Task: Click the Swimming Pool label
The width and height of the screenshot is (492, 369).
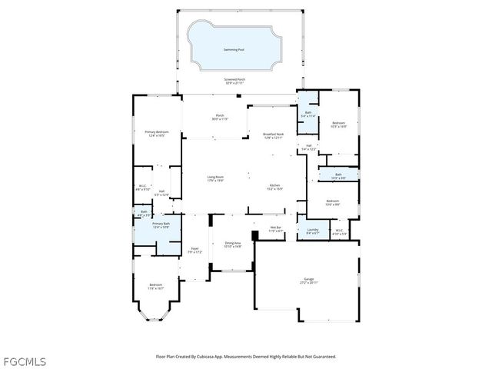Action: point(234,50)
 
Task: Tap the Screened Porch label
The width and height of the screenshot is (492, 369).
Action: point(234,80)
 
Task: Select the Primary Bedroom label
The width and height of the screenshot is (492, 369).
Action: point(157,133)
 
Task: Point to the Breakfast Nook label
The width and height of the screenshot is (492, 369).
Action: point(274,135)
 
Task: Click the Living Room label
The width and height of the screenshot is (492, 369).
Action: point(215,178)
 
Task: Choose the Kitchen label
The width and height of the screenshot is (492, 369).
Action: point(275,187)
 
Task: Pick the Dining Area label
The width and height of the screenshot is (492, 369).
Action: point(234,244)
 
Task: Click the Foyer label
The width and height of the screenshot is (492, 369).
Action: point(195,250)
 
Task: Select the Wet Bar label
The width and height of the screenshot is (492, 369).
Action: point(277,229)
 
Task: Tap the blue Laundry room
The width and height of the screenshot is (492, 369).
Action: point(312,231)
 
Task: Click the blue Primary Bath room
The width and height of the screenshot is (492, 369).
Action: point(159,225)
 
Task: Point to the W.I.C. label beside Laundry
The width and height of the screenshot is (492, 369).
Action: point(339,231)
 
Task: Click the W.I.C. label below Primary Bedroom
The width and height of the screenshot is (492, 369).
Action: point(143,187)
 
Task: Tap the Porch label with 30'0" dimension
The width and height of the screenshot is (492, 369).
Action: point(220,118)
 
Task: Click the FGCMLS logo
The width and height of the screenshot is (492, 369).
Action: point(24,361)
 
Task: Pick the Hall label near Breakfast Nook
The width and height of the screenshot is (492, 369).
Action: point(307,147)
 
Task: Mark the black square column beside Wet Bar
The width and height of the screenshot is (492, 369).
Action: point(254,236)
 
